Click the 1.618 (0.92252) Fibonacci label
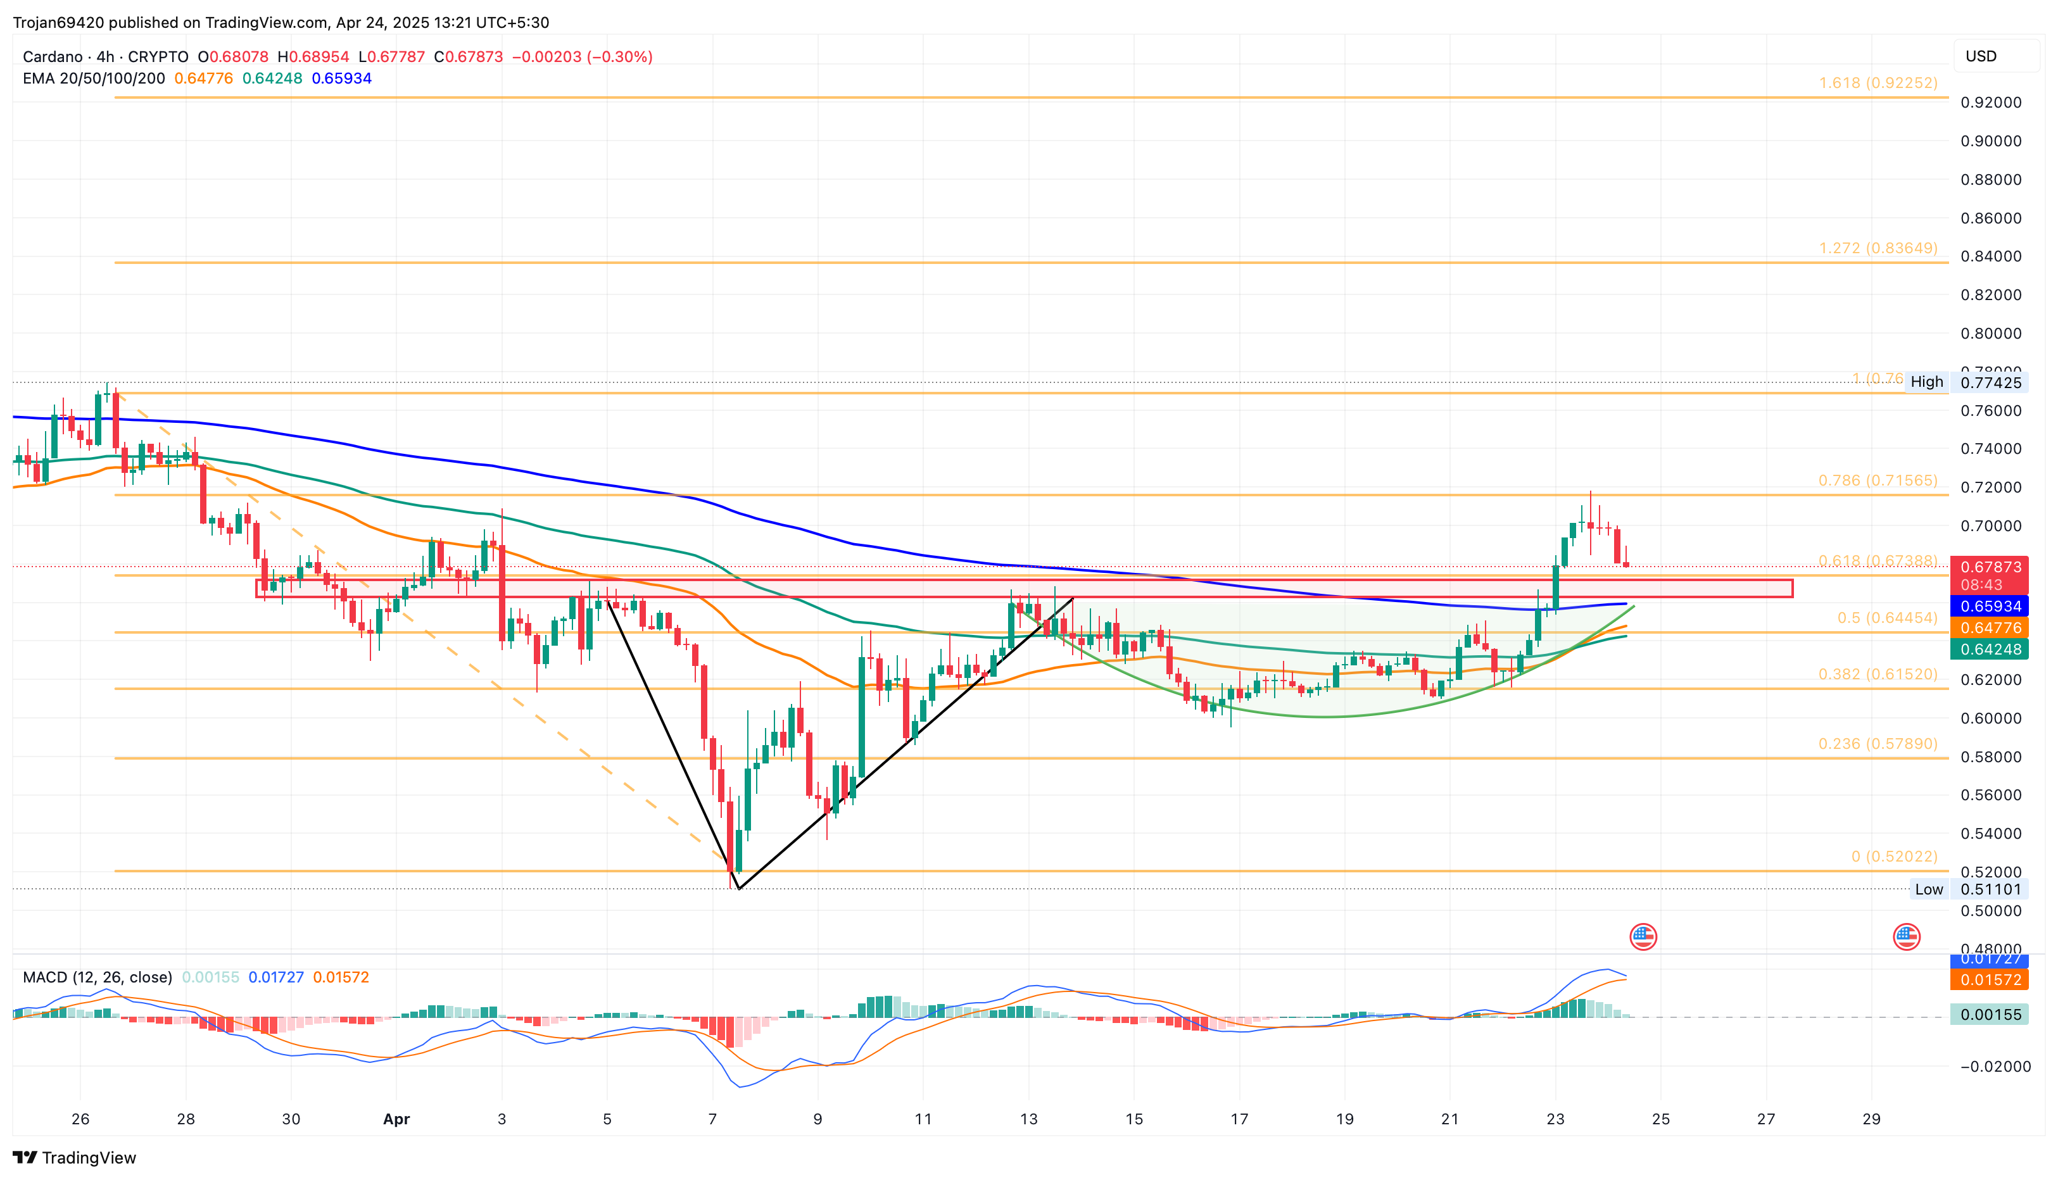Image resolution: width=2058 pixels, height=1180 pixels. coord(1878,83)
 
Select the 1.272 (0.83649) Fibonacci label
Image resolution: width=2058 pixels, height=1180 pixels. coord(1878,248)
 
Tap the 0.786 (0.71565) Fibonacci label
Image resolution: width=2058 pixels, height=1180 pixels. coord(1878,480)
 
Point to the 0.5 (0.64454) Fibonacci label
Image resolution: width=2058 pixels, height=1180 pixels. coord(1887,618)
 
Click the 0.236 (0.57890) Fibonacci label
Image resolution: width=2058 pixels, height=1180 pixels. coord(1878,744)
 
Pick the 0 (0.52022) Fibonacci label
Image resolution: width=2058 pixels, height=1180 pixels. coord(1893,857)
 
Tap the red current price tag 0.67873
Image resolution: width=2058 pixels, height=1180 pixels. coord(1989,567)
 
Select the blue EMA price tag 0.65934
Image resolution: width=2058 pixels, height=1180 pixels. coord(1989,606)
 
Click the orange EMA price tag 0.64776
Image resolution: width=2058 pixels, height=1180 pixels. coord(1989,628)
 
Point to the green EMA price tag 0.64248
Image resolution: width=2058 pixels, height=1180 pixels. coord(1989,649)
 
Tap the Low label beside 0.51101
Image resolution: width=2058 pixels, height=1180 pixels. coord(1928,889)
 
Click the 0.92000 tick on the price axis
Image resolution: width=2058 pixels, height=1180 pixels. coord(1990,102)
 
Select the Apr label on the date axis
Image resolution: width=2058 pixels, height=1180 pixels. coord(396,1119)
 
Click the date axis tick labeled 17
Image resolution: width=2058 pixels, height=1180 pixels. coord(1239,1119)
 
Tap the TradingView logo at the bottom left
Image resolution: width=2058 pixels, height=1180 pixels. coord(75,1157)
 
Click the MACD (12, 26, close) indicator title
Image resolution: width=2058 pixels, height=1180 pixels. coord(98,977)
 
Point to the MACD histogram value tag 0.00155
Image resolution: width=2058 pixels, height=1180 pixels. coord(1989,1015)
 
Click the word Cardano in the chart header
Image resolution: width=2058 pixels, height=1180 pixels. coord(53,57)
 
